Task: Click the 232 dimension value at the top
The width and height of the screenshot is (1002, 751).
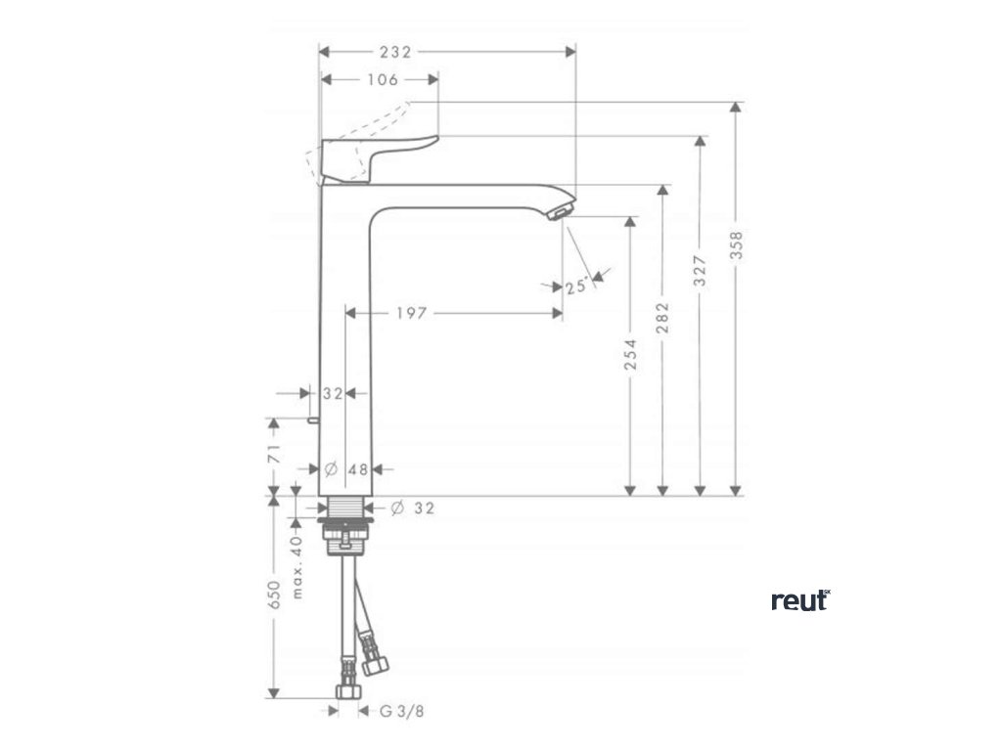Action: tap(394, 52)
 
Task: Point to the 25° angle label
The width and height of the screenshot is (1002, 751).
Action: tap(575, 287)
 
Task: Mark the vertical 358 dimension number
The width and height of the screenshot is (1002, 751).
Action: tap(736, 244)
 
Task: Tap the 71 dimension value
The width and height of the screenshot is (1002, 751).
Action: tap(274, 453)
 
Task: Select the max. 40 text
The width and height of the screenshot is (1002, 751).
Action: tap(297, 566)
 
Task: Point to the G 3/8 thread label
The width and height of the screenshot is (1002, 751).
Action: tap(402, 712)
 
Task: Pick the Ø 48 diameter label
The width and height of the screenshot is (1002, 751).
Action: tap(345, 469)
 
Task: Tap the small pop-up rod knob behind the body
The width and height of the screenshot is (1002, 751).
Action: tap(310, 421)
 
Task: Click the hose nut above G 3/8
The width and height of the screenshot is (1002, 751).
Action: tap(345, 692)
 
